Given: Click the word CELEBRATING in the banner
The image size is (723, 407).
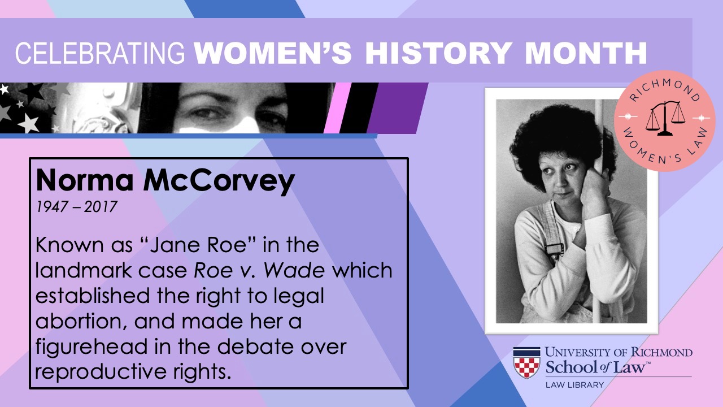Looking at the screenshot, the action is (100, 53).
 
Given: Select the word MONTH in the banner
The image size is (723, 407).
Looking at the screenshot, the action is (586, 53).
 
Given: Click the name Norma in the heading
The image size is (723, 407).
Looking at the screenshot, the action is (85, 180).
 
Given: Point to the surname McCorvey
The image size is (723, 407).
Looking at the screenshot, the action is (219, 182).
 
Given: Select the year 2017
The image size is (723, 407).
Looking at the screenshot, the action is (101, 207).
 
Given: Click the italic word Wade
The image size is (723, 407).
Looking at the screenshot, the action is (294, 270).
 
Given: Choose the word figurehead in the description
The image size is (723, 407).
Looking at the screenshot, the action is (92, 347).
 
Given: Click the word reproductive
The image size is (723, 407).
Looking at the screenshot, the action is (101, 373).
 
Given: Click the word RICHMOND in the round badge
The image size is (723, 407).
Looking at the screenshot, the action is (665, 89).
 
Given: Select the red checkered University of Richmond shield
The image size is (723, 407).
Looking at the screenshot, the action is (526, 363).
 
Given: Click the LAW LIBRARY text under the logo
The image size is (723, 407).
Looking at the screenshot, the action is (574, 385).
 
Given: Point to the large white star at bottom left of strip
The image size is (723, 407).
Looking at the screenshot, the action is (28, 123).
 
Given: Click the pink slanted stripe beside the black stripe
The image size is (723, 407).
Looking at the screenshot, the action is (337, 108).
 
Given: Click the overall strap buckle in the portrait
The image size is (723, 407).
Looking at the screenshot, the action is (554, 249).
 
